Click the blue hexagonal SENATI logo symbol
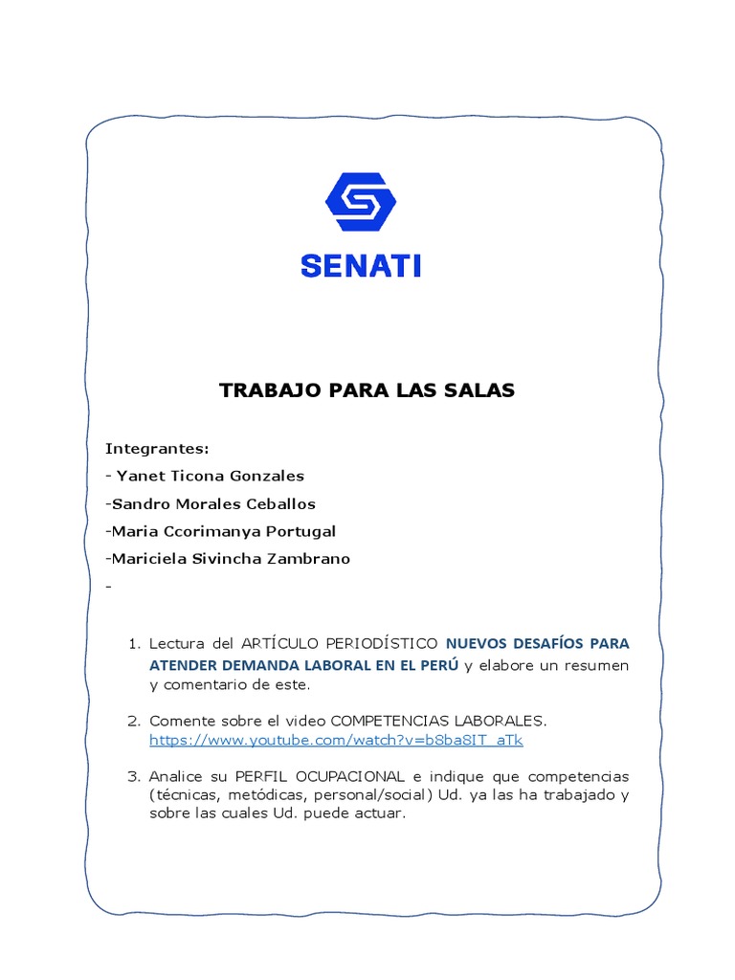click(361, 202)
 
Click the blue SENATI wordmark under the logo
click(361, 265)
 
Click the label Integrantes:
click(157, 448)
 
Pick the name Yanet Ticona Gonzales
click(210, 476)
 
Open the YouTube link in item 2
click(336, 741)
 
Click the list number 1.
click(134, 643)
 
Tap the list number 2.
click(134, 720)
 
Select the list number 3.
click(134, 775)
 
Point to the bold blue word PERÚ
click(438, 665)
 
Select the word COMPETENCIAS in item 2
click(388, 720)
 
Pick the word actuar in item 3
click(383, 813)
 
